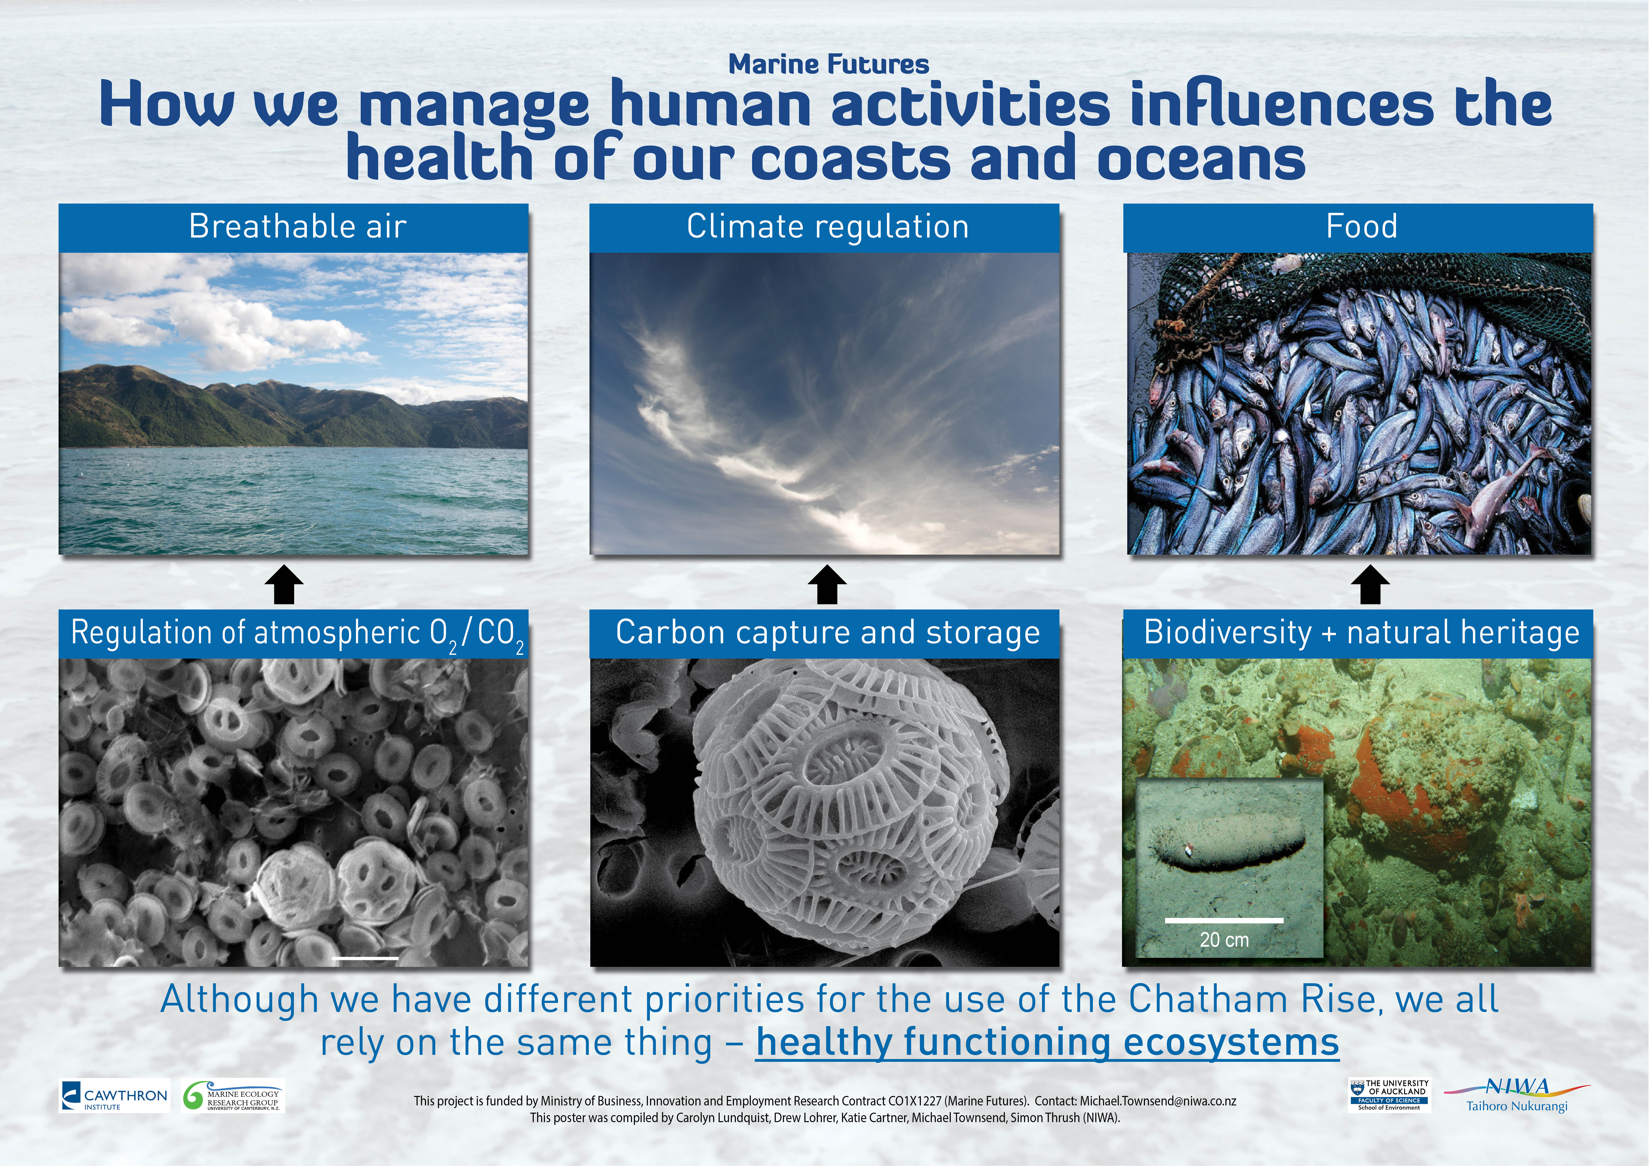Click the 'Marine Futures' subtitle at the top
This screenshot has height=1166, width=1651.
[828, 64]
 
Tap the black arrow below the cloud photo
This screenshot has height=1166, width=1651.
[827, 584]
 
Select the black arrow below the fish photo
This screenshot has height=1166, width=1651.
[1370, 584]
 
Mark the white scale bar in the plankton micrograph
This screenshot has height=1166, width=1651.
[366, 958]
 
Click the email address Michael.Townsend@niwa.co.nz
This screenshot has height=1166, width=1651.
[1158, 1101]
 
